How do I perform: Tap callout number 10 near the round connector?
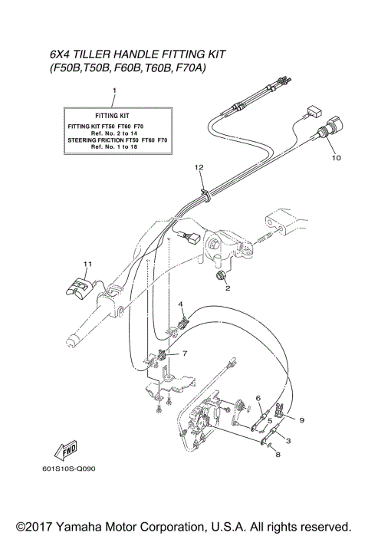335,159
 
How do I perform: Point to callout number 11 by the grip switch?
87,264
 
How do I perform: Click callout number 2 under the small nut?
227,289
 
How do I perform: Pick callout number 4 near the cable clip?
182,304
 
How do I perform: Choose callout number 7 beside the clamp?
184,353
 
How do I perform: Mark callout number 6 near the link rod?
258,397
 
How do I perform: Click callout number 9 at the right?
301,419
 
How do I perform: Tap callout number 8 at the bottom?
278,455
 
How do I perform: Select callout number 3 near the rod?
287,441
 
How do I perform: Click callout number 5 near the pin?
269,420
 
